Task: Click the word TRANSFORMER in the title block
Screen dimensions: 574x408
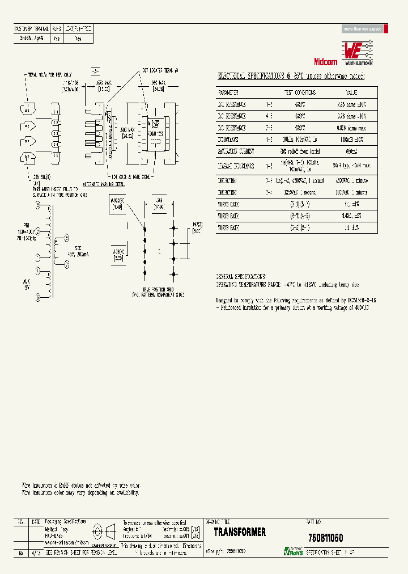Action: click(240, 532)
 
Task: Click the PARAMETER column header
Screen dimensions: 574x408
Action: click(228, 92)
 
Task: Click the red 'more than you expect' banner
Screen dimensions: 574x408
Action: click(363, 29)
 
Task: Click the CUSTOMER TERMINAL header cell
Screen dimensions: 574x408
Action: click(31, 28)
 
